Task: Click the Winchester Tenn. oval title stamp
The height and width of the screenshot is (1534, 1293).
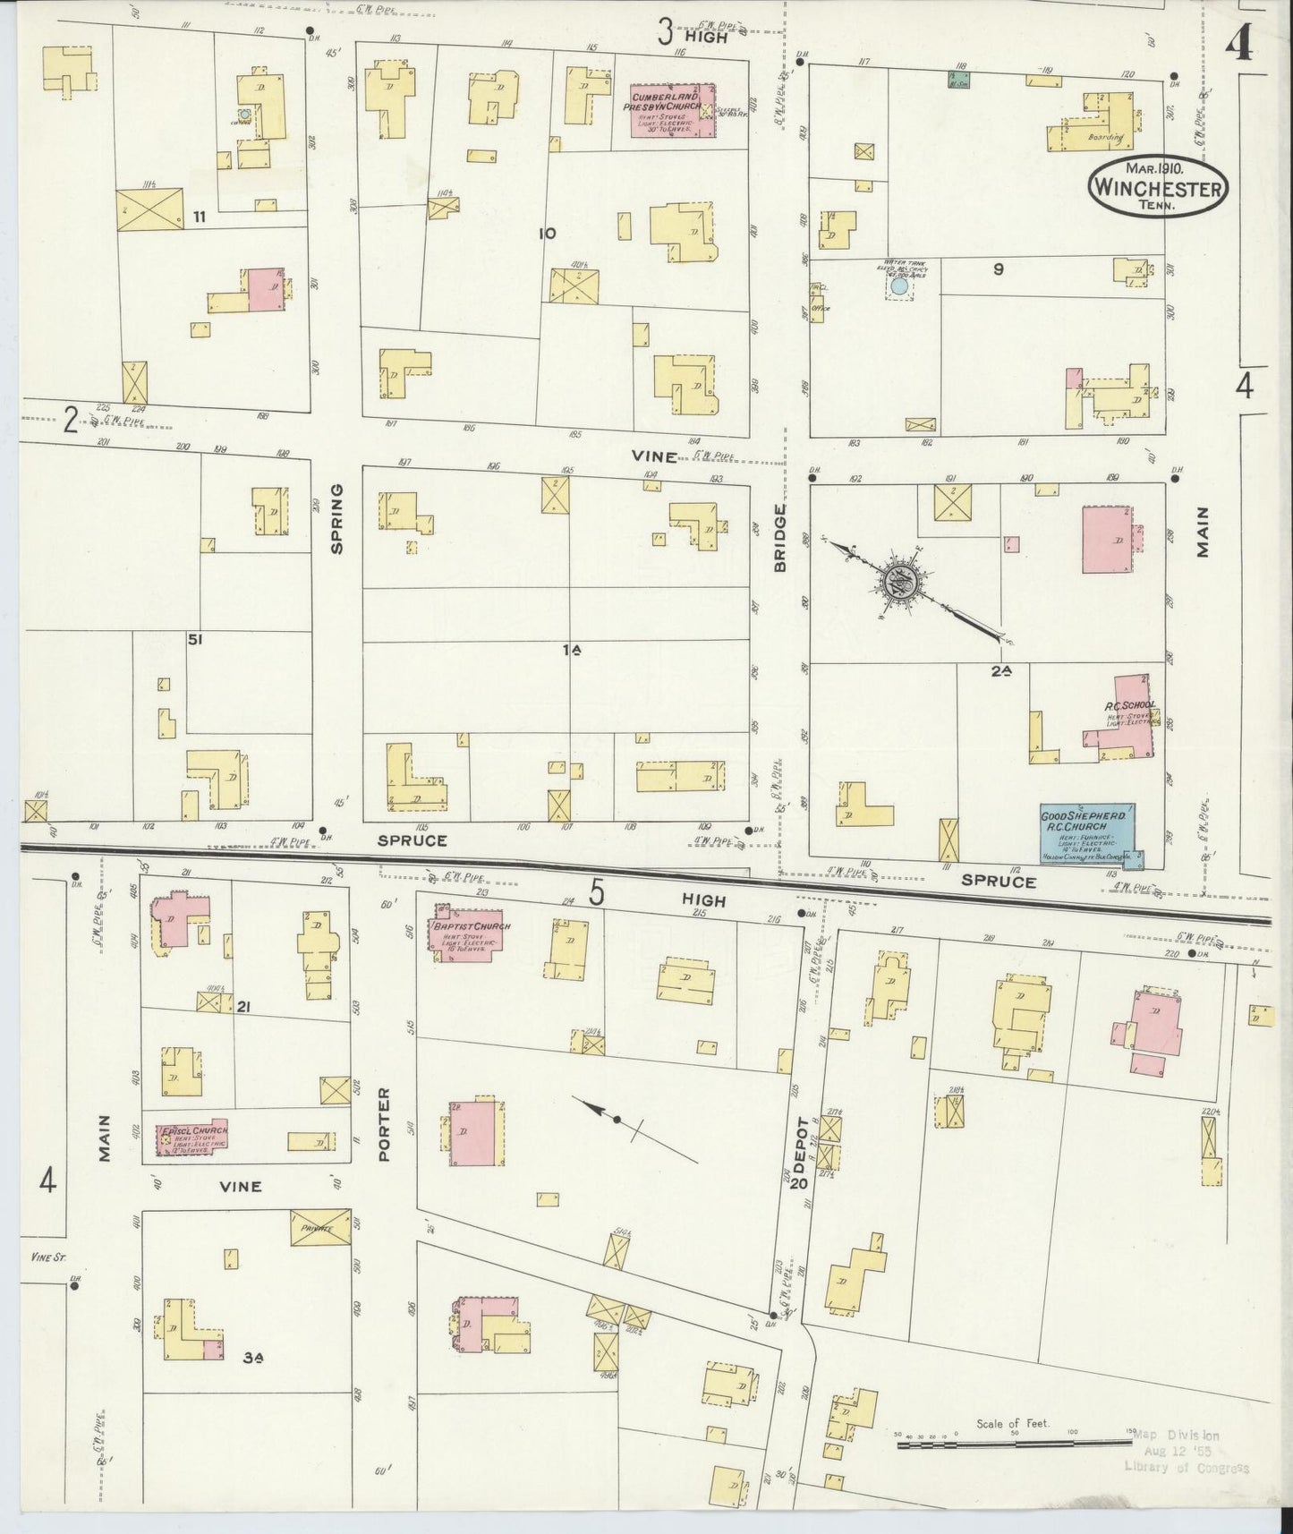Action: click(1158, 186)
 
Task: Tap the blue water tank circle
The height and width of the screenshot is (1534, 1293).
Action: click(897, 288)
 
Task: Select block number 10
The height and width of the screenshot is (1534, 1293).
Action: click(548, 234)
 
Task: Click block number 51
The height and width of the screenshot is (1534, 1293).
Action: click(194, 639)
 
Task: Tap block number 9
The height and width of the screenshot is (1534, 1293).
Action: click(999, 268)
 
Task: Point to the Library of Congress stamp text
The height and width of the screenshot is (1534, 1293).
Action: click(1187, 1468)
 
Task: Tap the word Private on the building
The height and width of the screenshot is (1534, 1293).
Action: click(318, 1229)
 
